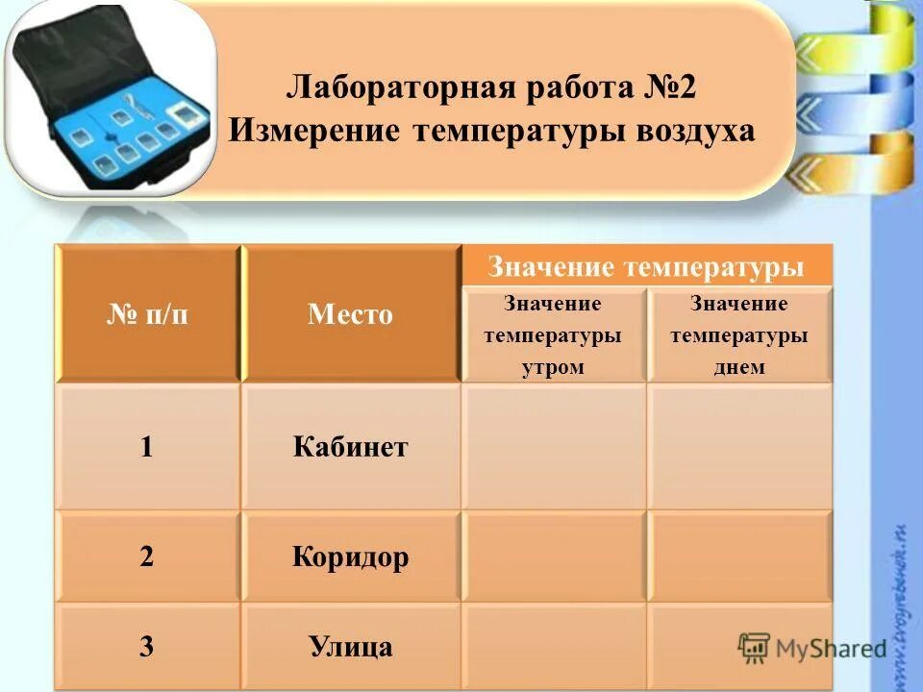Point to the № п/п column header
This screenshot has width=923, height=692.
[x=147, y=314]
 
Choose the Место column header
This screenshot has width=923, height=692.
[x=350, y=314]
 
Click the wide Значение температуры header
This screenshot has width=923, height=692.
[x=645, y=266]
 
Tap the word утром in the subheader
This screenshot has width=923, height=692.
[x=553, y=367]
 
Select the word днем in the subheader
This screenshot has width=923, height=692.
[x=738, y=367]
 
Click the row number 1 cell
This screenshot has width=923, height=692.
[x=146, y=447]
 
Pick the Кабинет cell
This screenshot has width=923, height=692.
[x=350, y=447]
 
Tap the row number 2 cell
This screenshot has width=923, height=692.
[x=146, y=557]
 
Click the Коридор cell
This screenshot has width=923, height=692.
[x=350, y=557]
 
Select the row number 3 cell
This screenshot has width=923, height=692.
[x=146, y=646]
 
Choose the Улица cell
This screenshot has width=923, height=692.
[x=350, y=646]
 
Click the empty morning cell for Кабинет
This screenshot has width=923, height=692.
[x=553, y=447]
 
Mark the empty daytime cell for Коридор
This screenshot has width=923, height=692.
[x=738, y=557]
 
